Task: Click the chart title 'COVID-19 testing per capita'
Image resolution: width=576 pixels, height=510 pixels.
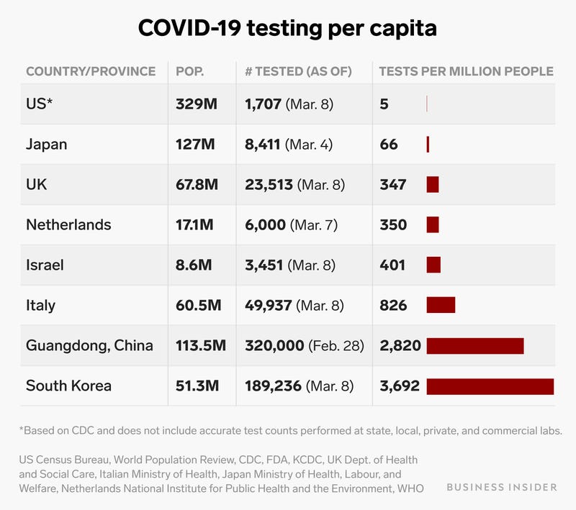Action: click(x=288, y=28)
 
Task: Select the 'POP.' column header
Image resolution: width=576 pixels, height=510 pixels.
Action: click(x=189, y=71)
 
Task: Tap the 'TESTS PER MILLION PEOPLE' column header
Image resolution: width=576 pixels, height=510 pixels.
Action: click(x=466, y=71)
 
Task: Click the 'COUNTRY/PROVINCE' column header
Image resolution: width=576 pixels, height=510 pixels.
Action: click(x=91, y=71)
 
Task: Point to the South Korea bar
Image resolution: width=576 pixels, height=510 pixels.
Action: click(x=490, y=386)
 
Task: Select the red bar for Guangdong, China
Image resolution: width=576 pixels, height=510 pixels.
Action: click(x=474, y=346)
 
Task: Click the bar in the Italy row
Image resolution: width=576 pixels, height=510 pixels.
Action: click(x=441, y=306)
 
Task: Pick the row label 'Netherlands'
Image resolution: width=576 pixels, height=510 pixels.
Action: click(x=68, y=225)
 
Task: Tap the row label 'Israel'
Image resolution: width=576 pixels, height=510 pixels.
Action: click(x=45, y=265)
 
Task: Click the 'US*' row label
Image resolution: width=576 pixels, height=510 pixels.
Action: click(x=40, y=104)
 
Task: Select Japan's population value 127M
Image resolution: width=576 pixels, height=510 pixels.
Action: click(x=195, y=145)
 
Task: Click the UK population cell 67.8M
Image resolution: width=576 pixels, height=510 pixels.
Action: click(x=197, y=185)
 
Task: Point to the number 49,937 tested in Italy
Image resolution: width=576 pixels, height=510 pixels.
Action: click(x=268, y=306)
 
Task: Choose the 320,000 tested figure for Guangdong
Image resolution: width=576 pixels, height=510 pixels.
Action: click(x=274, y=346)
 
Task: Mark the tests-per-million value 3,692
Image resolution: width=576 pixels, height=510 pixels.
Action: click(x=399, y=386)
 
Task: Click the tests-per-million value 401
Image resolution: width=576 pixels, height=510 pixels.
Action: click(x=392, y=265)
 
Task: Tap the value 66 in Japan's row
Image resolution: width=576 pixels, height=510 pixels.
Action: click(x=389, y=145)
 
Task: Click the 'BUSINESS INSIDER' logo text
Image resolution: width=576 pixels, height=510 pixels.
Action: click(x=501, y=487)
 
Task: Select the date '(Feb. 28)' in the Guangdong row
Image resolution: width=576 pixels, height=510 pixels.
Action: click(x=336, y=346)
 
